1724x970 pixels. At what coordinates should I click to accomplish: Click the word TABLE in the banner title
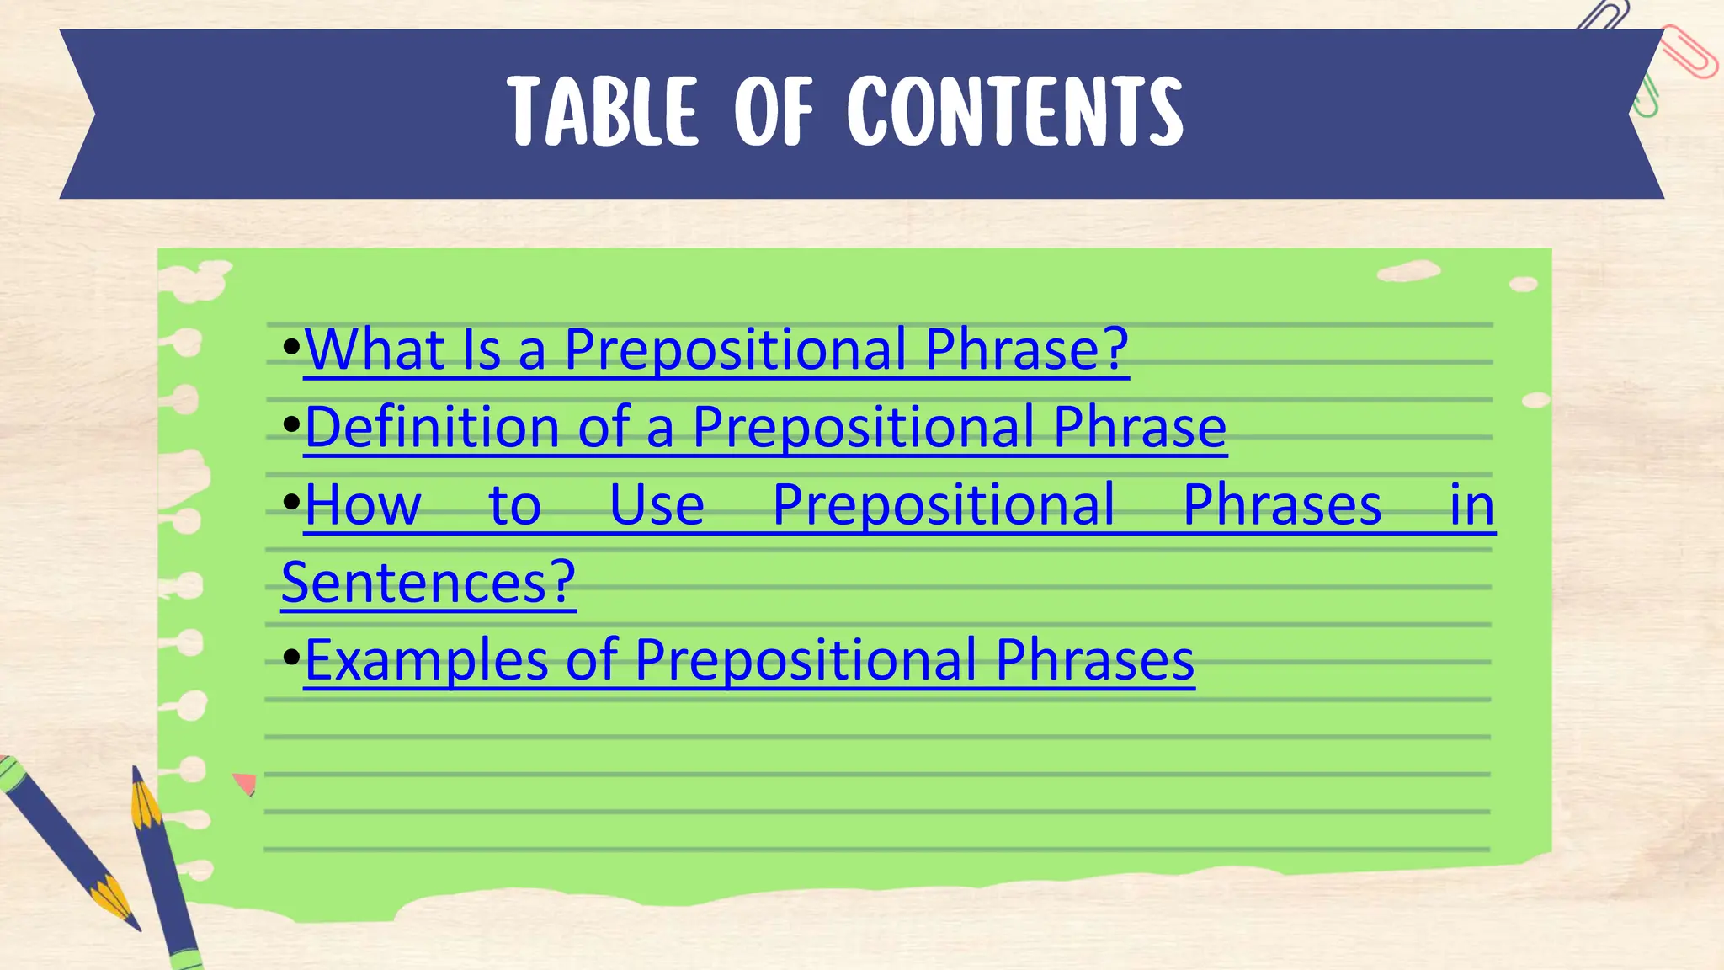pos(603,112)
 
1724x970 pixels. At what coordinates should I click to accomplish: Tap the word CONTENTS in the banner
pos(1015,112)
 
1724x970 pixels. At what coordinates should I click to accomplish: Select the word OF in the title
pos(773,112)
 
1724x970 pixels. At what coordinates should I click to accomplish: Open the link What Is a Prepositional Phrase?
pos(716,349)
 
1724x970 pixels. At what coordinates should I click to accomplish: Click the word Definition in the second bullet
pos(430,427)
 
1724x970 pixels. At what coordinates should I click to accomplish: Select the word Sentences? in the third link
pos(428,582)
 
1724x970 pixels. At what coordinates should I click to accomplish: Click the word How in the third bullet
pos(363,505)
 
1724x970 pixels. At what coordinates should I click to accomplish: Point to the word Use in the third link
pos(657,505)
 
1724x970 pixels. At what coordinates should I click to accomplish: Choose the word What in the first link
pos(375,349)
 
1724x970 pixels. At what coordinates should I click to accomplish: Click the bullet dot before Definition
pos(291,424)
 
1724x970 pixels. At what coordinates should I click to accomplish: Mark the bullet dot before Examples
pos(291,657)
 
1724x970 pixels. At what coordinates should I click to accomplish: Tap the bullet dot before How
pos(291,503)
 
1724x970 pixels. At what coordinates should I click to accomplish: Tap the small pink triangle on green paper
pos(245,784)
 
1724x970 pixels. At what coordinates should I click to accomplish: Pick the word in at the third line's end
pos(1471,505)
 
